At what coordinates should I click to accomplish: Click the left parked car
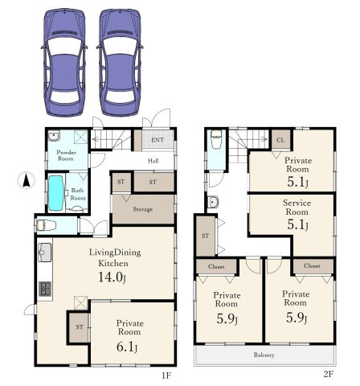64,63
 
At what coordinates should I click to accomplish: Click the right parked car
120,63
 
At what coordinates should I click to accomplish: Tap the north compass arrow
26,180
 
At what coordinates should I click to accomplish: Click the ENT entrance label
157,140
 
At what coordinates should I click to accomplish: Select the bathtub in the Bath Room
56,193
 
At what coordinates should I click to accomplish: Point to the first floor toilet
46,225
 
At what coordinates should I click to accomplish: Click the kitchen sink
44,253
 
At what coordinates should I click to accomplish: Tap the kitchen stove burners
45,289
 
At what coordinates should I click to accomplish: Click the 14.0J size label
112,277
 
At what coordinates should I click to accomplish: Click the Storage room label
143,209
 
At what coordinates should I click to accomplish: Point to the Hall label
153,161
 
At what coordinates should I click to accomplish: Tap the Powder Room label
66,155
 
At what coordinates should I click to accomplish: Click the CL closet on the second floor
280,140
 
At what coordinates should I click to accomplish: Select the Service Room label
297,207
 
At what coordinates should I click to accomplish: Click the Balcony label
264,355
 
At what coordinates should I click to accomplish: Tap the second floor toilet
216,139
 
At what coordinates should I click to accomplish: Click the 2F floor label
328,374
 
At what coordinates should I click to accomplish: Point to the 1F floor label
166,376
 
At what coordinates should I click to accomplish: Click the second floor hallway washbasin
213,202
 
